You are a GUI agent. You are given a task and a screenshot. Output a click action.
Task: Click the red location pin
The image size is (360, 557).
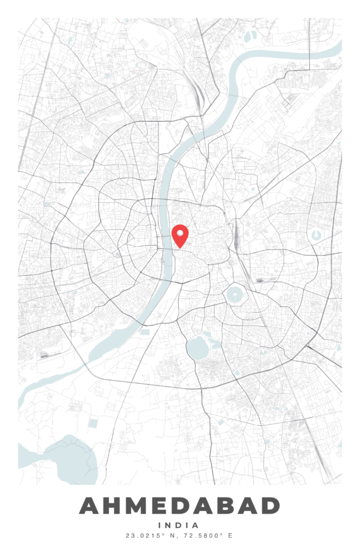(x=179, y=236)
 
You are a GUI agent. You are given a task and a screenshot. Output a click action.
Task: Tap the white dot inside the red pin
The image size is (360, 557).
(x=179, y=233)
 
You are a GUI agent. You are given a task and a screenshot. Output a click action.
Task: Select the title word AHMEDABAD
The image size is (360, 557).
(x=179, y=506)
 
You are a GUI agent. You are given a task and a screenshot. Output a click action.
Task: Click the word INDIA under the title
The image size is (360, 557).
(x=179, y=525)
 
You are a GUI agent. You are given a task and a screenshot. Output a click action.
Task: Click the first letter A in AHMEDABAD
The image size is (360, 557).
(x=91, y=506)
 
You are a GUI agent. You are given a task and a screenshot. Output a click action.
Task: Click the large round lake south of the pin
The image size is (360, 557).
(x=198, y=349)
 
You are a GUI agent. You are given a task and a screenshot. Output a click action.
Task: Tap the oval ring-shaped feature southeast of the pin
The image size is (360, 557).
(x=235, y=295)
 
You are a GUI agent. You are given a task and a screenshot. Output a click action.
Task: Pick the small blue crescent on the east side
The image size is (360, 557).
(x=317, y=235)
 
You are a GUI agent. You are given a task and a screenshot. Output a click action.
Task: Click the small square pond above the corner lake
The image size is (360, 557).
(x=93, y=423)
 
